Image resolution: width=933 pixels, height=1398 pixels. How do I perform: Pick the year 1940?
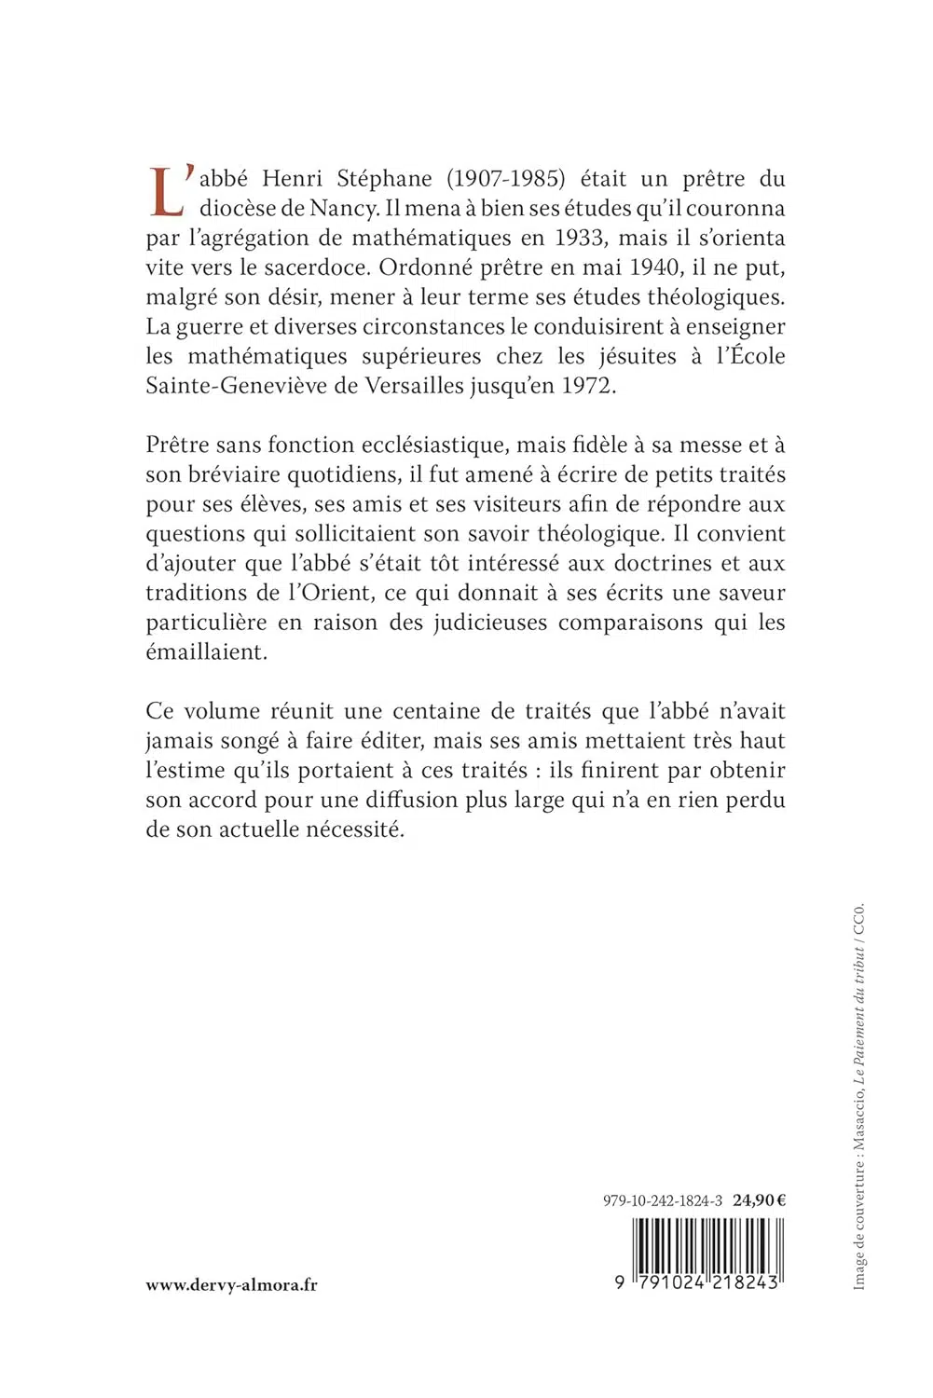click(655, 267)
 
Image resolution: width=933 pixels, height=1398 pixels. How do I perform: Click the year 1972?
click(588, 386)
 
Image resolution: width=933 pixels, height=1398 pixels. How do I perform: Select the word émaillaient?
click(206, 652)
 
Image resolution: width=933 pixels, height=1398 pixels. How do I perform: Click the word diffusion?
click(409, 800)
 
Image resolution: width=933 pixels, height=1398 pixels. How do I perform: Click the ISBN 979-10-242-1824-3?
click(663, 1200)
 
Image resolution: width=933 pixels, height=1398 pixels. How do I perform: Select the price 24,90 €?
click(759, 1200)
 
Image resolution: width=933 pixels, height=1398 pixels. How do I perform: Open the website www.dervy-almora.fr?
click(231, 1284)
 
